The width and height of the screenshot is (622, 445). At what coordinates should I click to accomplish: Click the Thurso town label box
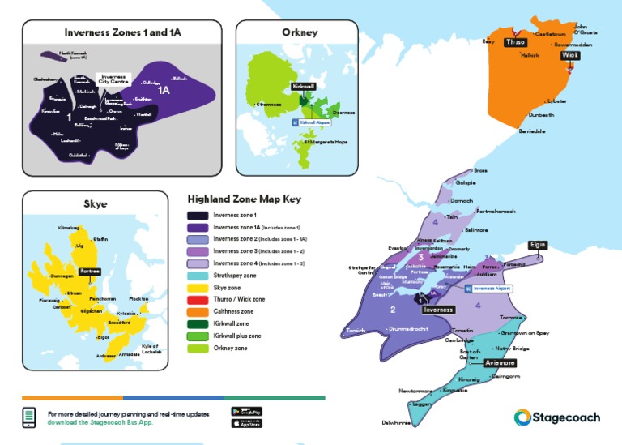point(515,42)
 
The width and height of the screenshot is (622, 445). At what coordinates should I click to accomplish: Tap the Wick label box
point(570,56)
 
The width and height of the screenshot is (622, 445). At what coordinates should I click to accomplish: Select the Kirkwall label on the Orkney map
point(303,85)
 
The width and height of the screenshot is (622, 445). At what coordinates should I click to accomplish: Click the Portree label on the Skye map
point(89,272)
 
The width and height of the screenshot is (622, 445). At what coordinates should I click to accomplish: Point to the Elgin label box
point(538,245)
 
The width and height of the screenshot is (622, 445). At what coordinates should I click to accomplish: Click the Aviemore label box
point(500,363)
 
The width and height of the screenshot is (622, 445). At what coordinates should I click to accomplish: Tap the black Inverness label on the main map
point(438,310)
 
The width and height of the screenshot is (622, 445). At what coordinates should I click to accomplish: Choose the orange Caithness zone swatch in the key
point(198,311)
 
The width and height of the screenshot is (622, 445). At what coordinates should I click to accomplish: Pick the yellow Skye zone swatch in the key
point(198,288)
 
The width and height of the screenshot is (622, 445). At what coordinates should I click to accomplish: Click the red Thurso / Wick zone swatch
point(198,299)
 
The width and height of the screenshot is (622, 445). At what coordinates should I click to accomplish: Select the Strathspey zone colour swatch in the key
point(198,276)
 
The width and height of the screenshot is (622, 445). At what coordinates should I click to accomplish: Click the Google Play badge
point(247,411)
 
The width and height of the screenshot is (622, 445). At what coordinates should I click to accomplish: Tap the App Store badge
point(247,423)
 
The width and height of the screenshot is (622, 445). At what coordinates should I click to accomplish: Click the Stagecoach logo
point(557,417)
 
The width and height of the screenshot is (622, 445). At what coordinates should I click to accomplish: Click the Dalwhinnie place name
point(398,422)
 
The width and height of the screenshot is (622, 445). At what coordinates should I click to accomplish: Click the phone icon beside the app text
point(29,417)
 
